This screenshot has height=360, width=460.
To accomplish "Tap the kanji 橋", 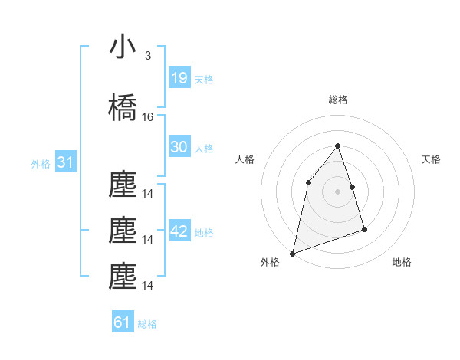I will pyautogui.click(x=123, y=108).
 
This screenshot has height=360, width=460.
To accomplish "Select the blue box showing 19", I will pyautogui.click(x=179, y=78).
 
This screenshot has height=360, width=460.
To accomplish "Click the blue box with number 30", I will pyautogui.click(x=179, y=147).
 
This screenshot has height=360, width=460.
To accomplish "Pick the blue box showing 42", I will pyautogui.click(x=179, y=231).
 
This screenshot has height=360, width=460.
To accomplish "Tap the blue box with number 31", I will pyautogui.click(x=65, y=162).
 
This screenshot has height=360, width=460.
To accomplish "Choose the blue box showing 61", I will pyautogui.click(x=123, y=322).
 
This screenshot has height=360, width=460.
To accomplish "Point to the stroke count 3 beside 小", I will pyautogui.click(x=147, y=56).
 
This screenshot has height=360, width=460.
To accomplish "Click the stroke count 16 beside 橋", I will pyautogui.click(x=148, y=117).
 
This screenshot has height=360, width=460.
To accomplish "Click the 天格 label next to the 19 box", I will pyautogui.click(x=204, y=79).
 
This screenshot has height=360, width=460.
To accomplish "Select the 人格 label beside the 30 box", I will pyautogui.click(x=204, y=148).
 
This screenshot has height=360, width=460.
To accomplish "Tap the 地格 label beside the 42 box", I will pyautogui.click(x=204, y=232).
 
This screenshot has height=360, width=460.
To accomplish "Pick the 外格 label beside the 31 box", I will pyautogui.click(x=41, y=163).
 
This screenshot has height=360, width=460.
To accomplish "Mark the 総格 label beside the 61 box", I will pyautogui.click(x=147, y=323).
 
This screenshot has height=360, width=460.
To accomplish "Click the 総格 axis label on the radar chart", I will pyautogui.click(x=337, y=100).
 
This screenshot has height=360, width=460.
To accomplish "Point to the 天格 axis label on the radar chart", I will pyautogui.click(x=432, y=159).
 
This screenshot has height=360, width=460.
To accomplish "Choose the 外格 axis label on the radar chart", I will pyautogui.click(x=270, y=262).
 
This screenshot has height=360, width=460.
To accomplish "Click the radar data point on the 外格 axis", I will pyautogui.click(x=293, y=253).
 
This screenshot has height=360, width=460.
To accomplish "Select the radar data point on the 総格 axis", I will pyautogui.click(x=337, y=146).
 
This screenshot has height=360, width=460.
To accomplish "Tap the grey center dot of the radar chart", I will pyautogui.click(x=337, y=191).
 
